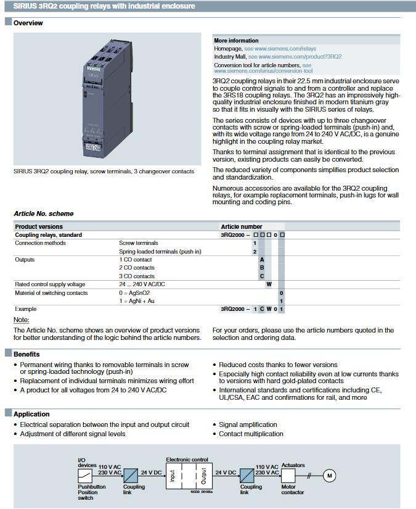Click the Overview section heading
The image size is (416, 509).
[28, 23]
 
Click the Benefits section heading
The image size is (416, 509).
[27, 354]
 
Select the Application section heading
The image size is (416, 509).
[31, 414]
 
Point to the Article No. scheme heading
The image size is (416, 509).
[43, 213]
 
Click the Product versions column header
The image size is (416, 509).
[39, 226]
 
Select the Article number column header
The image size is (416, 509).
[241, 226]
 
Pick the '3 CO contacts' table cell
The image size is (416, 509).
[136, 276]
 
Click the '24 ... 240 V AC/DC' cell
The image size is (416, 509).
[141, 284]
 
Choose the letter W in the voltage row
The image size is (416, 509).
[269, 284]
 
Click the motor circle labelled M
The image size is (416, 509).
[329, 475]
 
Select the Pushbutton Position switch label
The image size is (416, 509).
[91, 492]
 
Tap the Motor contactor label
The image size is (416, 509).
[293, 489]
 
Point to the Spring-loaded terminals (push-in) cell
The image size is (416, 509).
[160, 252]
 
